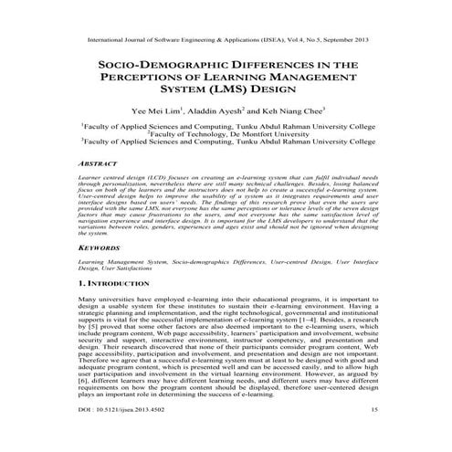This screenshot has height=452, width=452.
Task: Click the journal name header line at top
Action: pos(226,40)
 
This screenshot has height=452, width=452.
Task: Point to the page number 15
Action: pos(373,435)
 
